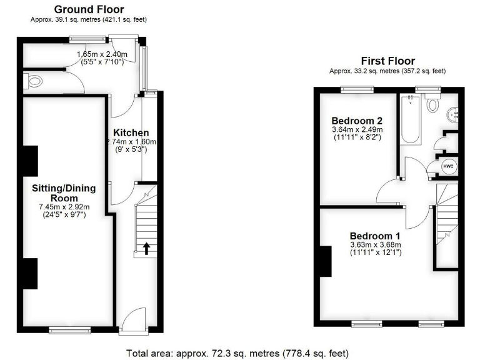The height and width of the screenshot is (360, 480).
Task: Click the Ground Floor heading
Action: (89, 9)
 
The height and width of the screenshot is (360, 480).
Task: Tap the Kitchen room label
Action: (131, 132)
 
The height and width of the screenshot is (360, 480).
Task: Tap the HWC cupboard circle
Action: (448, 166)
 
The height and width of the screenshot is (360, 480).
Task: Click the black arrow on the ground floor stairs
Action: (146, 249)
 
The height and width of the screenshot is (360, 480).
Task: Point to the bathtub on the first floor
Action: (411, 119)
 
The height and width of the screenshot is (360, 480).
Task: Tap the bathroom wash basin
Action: (454, 114)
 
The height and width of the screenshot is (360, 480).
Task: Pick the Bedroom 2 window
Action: (357, 89)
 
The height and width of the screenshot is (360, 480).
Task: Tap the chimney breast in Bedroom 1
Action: (325, 261)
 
